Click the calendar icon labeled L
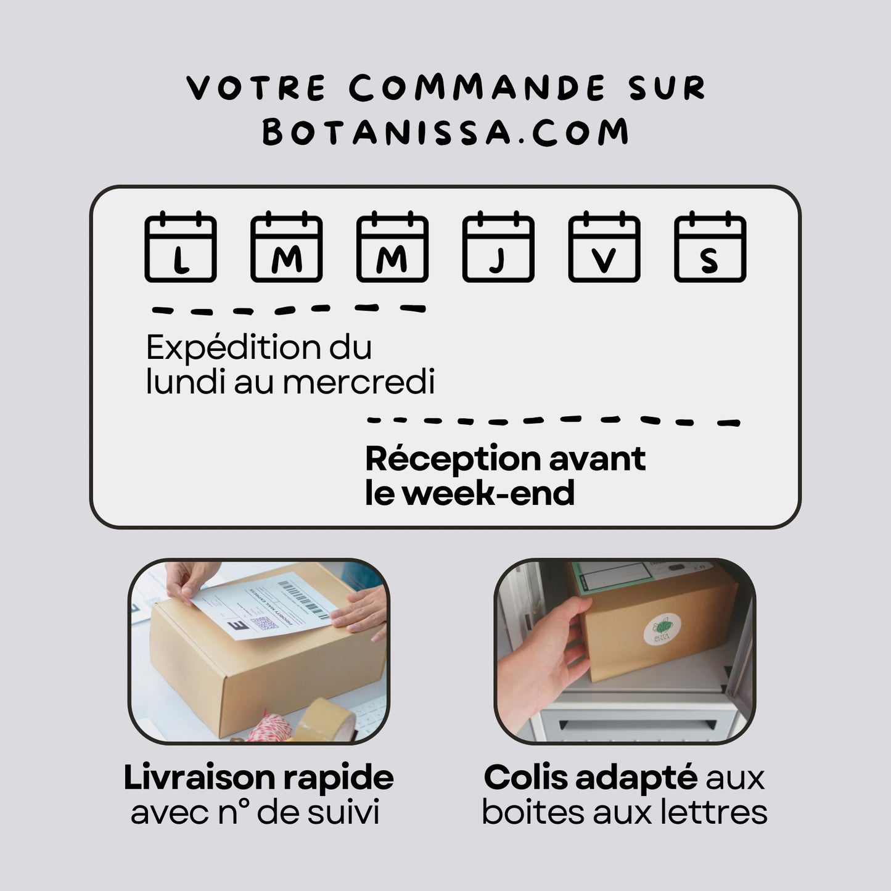pos(180,247)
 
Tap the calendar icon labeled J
pos(498,247)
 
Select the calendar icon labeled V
pos(604,247)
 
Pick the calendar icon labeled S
pos(710,247)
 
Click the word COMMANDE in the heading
pos(477,88)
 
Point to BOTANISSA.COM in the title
pos(445,132)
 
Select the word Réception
pos(453,460)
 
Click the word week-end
pos(488,493)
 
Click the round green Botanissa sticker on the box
pos(662,630)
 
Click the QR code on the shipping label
pos(264,623)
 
